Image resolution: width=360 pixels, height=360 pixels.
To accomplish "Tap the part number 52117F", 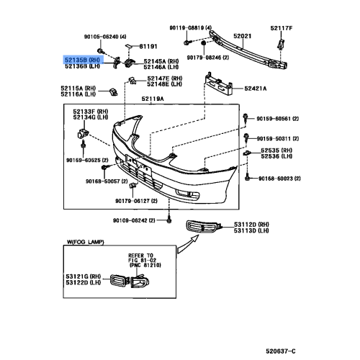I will pos(282,27).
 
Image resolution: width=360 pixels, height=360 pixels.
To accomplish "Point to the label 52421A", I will pos(255,89).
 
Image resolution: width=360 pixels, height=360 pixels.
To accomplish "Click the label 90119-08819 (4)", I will pos(197,27).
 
